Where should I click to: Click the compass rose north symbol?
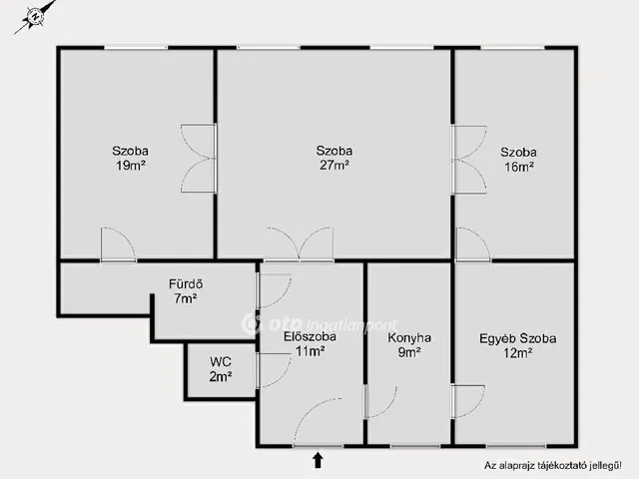coord(36,17)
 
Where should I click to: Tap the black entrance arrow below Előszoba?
coord(318,460)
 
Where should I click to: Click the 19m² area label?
coord(131,166)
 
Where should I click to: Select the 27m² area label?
coord(334,165)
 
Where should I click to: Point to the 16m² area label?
coord(519,167)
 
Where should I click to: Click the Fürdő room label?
coord(186,283)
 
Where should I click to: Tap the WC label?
coord(221,361)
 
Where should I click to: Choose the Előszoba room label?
coord(311,337)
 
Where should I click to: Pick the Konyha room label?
coord(409,337)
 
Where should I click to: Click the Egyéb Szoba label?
coord(517,338)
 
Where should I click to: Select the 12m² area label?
coord(517,352)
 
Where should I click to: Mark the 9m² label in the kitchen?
coord(409,352)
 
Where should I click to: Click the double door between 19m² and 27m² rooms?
coord(199,158)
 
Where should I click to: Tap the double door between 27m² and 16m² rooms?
coord(468,160)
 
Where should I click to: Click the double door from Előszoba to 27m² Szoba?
coord(300,243)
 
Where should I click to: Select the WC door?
coord(274,370)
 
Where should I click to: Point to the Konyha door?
coord(381,401)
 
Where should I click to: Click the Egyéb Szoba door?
coord(468,401)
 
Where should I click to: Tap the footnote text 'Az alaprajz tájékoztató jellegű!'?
coord(553,465)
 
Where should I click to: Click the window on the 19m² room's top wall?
coord(136,48)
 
